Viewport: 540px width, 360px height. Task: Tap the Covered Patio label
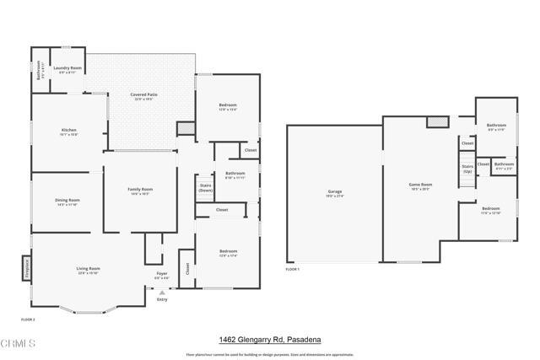point(143,94)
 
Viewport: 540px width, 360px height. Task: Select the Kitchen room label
point(68,130)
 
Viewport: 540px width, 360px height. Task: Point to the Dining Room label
point(67,200)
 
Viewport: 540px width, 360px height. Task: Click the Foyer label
point(162,274)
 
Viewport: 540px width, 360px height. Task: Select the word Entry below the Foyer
point(162,299)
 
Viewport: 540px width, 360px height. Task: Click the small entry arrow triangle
point(162,292)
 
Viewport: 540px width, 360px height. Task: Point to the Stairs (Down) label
point(205,187)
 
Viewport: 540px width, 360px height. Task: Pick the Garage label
point(335,191)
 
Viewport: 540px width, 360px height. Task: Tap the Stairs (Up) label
point(467,169)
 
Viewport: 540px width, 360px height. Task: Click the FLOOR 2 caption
point(28,320)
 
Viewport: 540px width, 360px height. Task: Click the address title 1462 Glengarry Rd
point(270,340)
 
